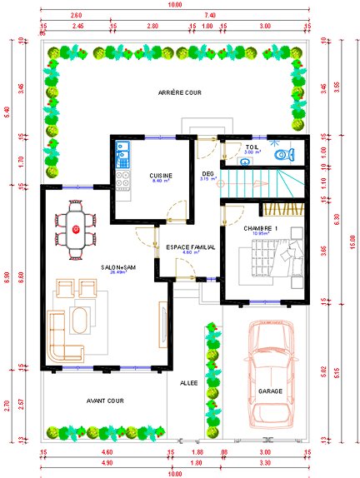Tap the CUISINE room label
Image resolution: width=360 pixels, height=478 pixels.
click(161, 176)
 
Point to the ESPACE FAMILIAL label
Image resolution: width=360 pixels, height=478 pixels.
click(190, 247)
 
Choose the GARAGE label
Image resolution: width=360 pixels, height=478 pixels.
click(270, 391)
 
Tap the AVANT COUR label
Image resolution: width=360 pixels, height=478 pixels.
click(105, 401)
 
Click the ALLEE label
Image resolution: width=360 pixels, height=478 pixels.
click(189, 383)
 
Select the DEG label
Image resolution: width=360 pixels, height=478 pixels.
click(207, 173)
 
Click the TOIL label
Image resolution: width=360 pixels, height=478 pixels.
click(252, 147)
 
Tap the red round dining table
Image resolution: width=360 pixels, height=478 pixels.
click(77, 229)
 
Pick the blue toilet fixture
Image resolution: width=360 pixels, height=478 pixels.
click(286, 153)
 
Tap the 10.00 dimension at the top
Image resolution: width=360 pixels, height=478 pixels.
click(174, 5)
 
